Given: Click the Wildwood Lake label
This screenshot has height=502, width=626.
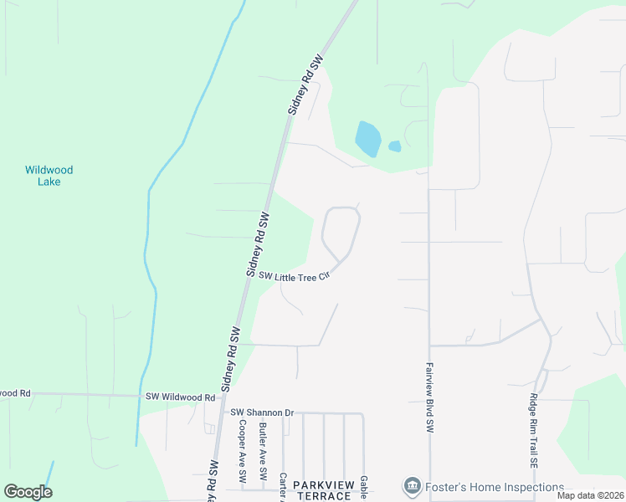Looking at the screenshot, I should click(x=49, y=176).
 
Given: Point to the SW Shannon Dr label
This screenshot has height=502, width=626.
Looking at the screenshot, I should click(x=263, y=412).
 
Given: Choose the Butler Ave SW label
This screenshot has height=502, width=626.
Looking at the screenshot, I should click(x=263, y=453).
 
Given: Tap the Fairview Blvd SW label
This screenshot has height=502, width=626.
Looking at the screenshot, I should click(x=428, y=397).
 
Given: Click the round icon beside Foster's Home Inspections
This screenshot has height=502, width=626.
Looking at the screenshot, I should click(x=411, y=486).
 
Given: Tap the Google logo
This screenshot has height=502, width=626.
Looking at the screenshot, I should click(x=28, y=492).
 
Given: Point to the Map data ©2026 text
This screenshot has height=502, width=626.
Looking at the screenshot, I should click(x=590, y=495).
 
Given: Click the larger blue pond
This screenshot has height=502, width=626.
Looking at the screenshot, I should click(x=368, y=139).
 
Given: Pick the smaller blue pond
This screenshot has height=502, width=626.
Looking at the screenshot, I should click(x=394, y=146).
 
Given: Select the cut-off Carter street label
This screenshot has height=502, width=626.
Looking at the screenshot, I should click(x=284, y=484).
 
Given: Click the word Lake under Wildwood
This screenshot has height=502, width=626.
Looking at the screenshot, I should click(x=49, y=182).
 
